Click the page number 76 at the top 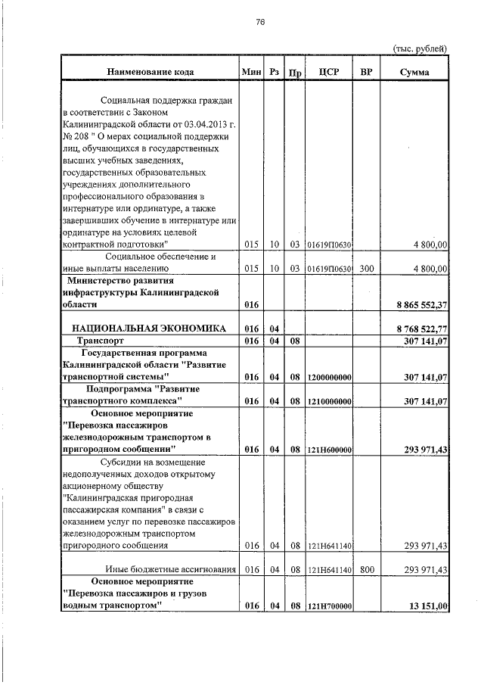[x=259, y=23]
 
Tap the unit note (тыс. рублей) [x=420, y=48]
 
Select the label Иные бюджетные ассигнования [x=171, y=569]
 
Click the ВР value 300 [x=367, y=268]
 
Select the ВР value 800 [x=367, y=569]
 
